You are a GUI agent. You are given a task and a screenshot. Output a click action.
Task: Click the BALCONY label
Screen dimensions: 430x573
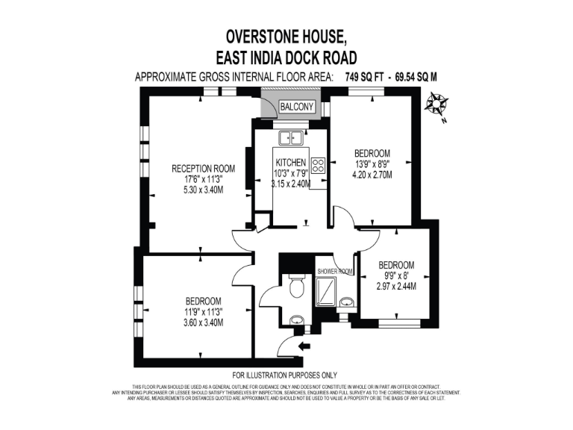coord(297,107)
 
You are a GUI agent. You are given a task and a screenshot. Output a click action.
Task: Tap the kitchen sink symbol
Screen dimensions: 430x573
coord(289,137)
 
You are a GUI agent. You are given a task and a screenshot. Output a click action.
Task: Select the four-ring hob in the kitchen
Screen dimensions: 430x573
coord(319,166)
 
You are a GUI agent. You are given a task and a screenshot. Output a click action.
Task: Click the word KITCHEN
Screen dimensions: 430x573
coord(290,163)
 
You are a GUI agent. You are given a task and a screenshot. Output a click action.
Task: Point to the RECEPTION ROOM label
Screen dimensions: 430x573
coord(204,168)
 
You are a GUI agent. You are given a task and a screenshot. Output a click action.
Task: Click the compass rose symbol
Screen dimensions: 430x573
coord(433,105)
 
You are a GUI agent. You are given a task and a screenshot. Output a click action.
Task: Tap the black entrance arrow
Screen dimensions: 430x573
coord(304,346)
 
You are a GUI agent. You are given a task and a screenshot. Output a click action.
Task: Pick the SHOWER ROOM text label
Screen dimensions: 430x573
coord(334,272)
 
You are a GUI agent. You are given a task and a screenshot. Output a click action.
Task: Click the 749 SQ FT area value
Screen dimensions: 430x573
coord(367,77)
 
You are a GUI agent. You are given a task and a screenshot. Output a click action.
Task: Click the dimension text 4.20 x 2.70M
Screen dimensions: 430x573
coord(372,175)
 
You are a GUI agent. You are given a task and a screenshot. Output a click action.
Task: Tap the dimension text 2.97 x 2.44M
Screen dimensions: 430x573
coord(396,286)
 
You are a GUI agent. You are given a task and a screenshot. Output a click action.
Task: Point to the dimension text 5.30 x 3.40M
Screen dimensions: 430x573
coord(204,190)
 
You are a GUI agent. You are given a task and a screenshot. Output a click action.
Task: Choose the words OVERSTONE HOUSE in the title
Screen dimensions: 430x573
coord(286,36)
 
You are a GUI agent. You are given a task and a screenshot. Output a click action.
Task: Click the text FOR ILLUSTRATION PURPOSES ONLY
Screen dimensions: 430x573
coord(285,375)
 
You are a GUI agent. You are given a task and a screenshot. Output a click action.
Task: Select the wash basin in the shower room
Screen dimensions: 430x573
coord(347,302)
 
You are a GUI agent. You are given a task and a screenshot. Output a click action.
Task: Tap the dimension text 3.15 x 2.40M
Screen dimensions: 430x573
coord(289,184)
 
